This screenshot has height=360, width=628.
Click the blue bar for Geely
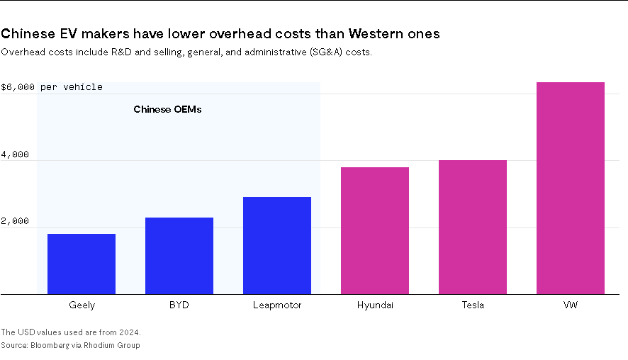click(82, 264)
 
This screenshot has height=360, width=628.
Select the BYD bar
click(179, 255)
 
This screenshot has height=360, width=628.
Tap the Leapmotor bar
click(277, 245)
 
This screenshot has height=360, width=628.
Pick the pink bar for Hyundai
click(375, 230)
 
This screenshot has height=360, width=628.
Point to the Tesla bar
click(473, 227)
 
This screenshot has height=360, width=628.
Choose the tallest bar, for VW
click(571, 188)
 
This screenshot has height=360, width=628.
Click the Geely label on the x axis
click(82, 305)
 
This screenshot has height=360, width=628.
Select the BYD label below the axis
click(179, 305)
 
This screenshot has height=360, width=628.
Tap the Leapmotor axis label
click(277, 305)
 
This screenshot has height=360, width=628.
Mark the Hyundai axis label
click(375, 305)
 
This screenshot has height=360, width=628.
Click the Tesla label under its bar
click(473, 305)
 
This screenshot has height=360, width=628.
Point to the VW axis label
click(571, 305)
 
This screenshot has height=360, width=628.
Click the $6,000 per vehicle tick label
click(52, 87)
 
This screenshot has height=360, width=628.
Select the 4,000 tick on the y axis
click(15, 154)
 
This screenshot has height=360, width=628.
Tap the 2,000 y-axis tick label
click(15, 221)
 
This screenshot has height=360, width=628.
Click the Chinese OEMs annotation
click(167, 110)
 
